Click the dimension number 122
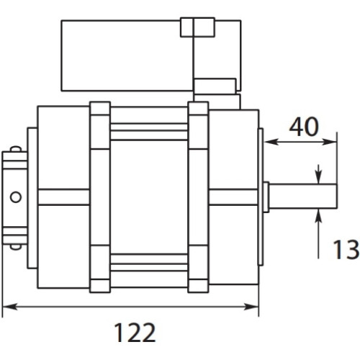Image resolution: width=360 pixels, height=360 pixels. (135, 333)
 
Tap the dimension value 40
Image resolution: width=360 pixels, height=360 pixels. (304, 127)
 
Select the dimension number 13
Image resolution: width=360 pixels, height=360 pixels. (346, 250)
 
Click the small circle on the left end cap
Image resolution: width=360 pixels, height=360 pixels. (16, 197)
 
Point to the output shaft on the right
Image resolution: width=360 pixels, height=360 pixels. (302, 197)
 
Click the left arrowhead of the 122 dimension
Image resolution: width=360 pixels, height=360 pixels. (9, 307)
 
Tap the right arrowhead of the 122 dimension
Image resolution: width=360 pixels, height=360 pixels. (251, 307)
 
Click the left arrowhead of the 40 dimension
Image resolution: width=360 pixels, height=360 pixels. (271, 142)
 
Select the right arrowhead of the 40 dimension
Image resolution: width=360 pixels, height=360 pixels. (329, 142)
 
